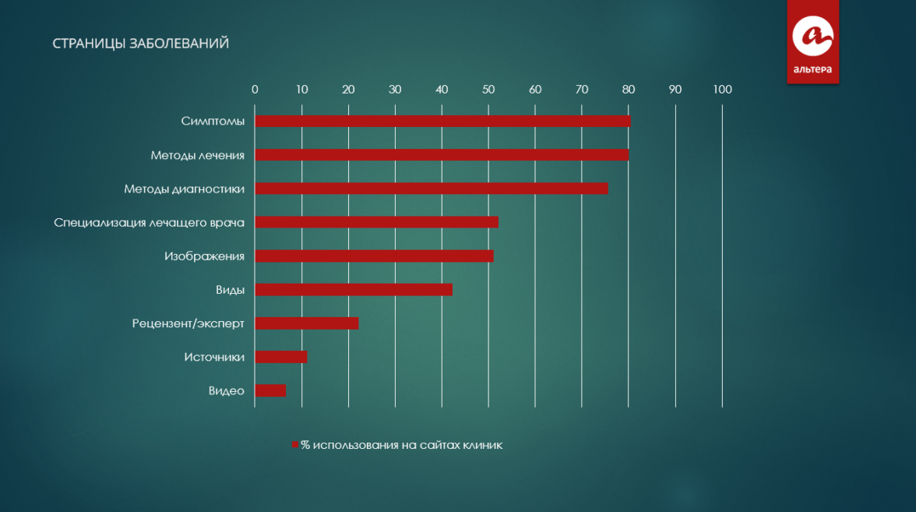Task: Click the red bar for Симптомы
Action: (442, 122)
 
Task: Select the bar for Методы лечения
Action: (442, 155)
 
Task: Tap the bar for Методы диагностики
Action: (431, 189)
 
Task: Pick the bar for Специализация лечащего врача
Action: (376, 222)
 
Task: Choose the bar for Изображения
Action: (374, 256)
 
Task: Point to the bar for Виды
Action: (353, 289)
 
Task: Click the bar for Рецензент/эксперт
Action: (306, 323)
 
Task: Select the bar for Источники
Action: (280, 356)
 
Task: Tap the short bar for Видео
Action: (270, 390)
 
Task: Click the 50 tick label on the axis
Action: (488, 90)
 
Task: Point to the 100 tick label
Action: (722, 90)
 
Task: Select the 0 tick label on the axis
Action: (255, 90)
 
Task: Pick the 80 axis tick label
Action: (629, 90)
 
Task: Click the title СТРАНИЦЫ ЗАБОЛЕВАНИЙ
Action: (141, 44)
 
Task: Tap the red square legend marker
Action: (295, 445)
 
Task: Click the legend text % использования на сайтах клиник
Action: (402, 445)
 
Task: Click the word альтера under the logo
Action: (812, 70)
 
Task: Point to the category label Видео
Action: (227, 390)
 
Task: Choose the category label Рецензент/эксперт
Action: (188, 323)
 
